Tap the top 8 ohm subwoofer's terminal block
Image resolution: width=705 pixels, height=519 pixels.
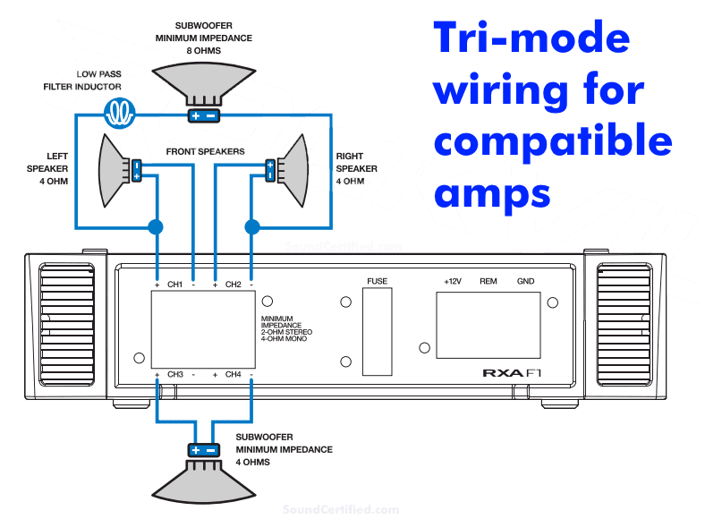(202, 115)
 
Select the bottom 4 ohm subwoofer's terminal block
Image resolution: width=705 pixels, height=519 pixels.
(203, 450)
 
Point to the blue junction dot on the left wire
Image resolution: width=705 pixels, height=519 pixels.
(156, 226)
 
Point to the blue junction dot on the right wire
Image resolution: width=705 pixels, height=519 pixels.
(252, 226)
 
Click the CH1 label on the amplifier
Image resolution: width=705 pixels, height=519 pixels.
(175, 285)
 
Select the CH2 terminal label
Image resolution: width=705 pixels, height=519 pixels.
(233, 285)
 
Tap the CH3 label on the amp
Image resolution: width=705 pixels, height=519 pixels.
(175, 374)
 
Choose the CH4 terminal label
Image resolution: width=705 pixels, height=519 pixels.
(233, 374)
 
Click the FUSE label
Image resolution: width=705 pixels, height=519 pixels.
(377, 282)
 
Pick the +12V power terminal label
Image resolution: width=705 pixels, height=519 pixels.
(454, 282)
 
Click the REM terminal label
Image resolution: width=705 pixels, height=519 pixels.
(488, 282)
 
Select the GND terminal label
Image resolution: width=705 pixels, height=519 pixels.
(525, 282)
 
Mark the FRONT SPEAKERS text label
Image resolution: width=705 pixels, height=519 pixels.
(205, 152)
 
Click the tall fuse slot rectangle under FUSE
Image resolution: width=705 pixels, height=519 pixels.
(377, 332)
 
